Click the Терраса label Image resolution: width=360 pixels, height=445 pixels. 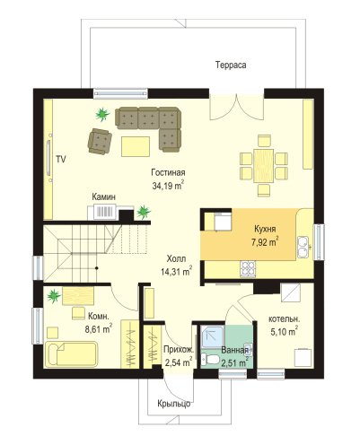click(x=231, y=65)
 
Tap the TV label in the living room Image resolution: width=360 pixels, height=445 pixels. click(x=61, y=160)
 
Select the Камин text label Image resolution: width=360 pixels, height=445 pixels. click(x=103, y=196)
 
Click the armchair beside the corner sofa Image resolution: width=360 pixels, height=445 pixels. click(x=100, y=142)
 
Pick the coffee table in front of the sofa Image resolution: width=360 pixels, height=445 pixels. click(x=136, y=146)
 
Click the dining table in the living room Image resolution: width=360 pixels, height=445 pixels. click(x=264, y=165)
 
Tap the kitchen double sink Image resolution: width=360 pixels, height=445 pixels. click(x=303, y=247)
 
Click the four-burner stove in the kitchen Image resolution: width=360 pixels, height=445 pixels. click(x=248, y=268)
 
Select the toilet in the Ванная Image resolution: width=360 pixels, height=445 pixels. click(x=209, y=358)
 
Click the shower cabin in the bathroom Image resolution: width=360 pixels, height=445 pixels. click(x=212, y=337)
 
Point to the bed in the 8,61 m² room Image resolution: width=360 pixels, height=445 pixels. click(x=71, y=354)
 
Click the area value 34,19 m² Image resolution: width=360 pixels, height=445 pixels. click(x=168, y=186)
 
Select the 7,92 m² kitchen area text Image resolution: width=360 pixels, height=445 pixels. click(x=265, y=241)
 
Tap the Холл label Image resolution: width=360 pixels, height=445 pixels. click(x=176, y=258)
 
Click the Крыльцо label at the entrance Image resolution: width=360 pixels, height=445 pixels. click(x=174, y=404)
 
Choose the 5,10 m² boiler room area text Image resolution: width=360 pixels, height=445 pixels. click(x=284, y=331)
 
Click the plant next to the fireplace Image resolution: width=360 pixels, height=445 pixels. click(x=144, y=212)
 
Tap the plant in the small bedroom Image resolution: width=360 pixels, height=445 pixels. click(x=54, y=295)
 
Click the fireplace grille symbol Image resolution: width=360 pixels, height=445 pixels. click(x=104, y=211)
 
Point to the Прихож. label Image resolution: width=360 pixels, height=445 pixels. click(x=179, y=349)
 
